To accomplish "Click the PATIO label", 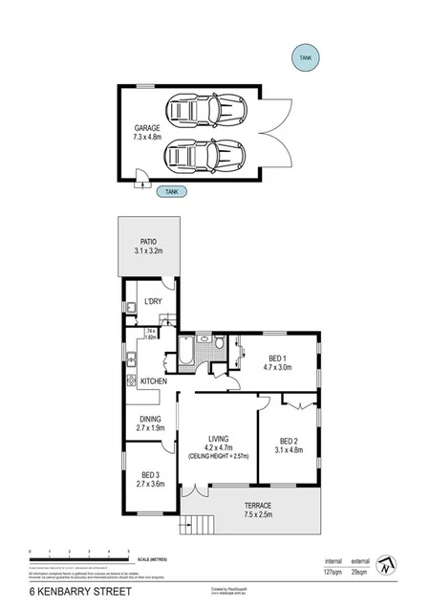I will click(148, 242).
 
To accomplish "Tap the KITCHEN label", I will click(154, 381).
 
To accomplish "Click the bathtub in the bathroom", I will click(185, 356).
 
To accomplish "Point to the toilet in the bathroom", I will click(220, 341).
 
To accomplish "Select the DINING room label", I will click(151, 419).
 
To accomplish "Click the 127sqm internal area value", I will click(333, 571).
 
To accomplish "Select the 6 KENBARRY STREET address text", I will click(68, 593).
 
